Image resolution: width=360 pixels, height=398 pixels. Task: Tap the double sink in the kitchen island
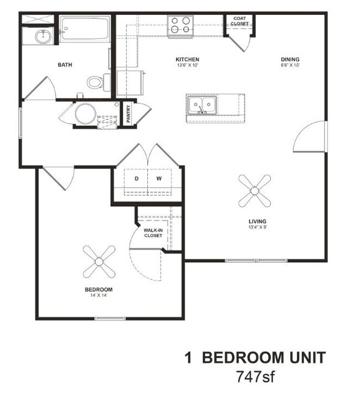coord(202,105)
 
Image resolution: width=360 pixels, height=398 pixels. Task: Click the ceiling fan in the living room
coord(254,191)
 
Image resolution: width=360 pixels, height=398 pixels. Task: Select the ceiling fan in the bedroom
coord(99,262)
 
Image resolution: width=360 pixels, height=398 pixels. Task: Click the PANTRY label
coord(128,114)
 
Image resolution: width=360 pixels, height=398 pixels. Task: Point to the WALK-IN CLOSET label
coord(153,233)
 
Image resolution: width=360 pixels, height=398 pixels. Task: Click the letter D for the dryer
coord(137,178)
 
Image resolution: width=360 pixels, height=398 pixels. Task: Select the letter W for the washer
coord(159,178)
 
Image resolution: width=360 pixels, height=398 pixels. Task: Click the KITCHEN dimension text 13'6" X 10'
coord(187,65)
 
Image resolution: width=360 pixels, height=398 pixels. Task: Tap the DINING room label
coord(290,59)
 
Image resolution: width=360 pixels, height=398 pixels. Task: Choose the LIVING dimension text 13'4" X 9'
coord(258,227)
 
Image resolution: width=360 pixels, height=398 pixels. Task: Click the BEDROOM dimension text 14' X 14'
coord(99,295)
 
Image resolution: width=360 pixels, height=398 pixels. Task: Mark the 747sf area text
coord(255,377)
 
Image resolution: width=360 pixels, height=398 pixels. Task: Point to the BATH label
coord(65,65)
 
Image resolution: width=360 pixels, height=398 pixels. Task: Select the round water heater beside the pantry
coord(86,114)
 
